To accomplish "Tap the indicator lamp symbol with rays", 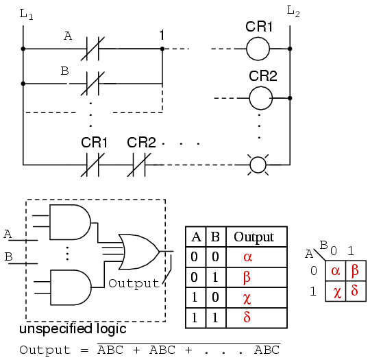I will click(x=258, y=165).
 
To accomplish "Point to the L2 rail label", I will click(x=293, y=12).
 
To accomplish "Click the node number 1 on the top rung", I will click(x=162, y=34).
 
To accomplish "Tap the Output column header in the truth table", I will click(x=254, y=237).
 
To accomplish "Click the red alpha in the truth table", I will click(x=247, y=257).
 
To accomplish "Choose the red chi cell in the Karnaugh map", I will click(x=336, y=291).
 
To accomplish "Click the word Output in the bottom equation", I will click(x=45, y=350).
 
